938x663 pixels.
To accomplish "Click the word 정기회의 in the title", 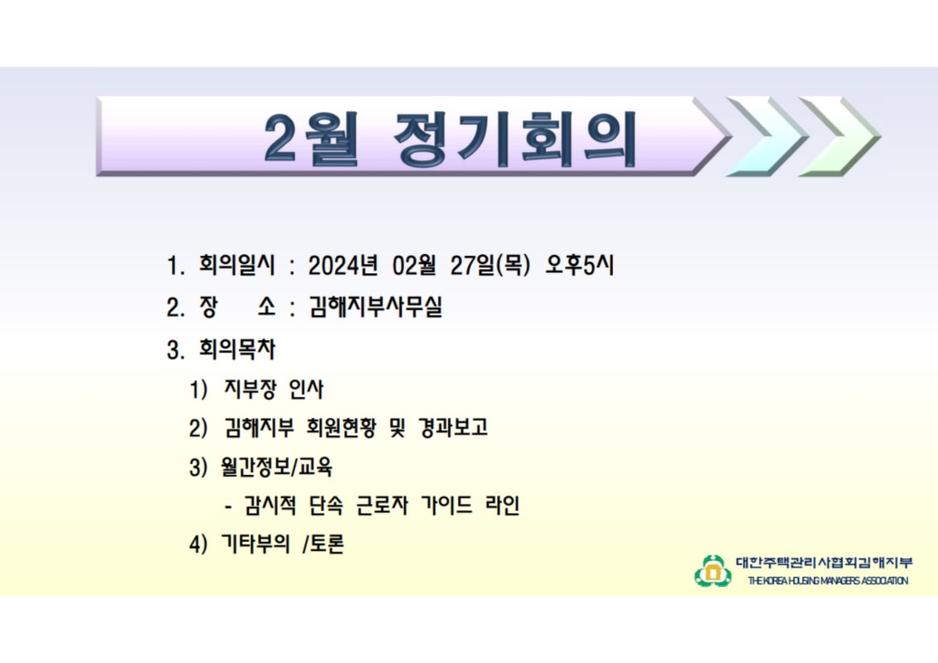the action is tap(515, 139).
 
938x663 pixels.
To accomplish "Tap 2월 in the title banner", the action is tap(311, 139).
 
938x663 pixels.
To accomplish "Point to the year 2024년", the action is tap(343, 265).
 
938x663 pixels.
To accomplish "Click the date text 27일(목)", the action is tap(490, 265).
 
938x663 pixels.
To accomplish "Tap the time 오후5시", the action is tap(579, 265).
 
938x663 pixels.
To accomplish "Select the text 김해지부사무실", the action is tap(375, 306).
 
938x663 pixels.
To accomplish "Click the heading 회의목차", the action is tap(237, 349).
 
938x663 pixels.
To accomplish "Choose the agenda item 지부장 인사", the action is tap(273, 390).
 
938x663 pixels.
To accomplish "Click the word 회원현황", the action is tap(341, 427).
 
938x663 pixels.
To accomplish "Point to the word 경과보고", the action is tap(453, 427).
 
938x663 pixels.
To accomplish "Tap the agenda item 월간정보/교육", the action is tap(277, 467).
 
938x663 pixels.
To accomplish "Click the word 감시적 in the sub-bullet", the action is tap(270, 505).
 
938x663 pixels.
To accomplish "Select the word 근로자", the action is tap(382, 505).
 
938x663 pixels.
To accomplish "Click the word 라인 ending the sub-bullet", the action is tap(502, 505).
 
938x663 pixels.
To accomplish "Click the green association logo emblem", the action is tap(713, 571).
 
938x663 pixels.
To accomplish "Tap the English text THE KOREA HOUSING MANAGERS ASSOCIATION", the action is tap(828, 580).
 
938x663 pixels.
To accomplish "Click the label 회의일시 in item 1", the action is tap(237, 265).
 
